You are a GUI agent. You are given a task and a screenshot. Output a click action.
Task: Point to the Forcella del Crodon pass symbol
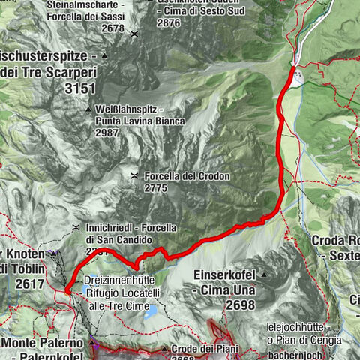coord(133,176)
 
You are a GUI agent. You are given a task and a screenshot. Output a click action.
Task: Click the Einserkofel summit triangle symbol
coord(262,274)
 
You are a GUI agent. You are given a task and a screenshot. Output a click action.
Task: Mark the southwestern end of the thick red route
coord(66,289)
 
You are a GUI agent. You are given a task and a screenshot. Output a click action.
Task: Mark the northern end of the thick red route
coord(291,68)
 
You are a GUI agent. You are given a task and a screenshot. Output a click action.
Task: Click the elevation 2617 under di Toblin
coord(22,284)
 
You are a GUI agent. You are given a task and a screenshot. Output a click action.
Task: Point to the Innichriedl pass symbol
coord(76,227)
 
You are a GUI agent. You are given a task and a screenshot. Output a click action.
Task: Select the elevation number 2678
coord(105,28)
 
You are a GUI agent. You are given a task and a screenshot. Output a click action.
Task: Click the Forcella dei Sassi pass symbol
coord(133,34)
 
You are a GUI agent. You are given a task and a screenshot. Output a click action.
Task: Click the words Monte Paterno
coord(34,342)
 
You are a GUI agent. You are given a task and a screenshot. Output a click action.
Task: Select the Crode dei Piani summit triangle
coord(164,349)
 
